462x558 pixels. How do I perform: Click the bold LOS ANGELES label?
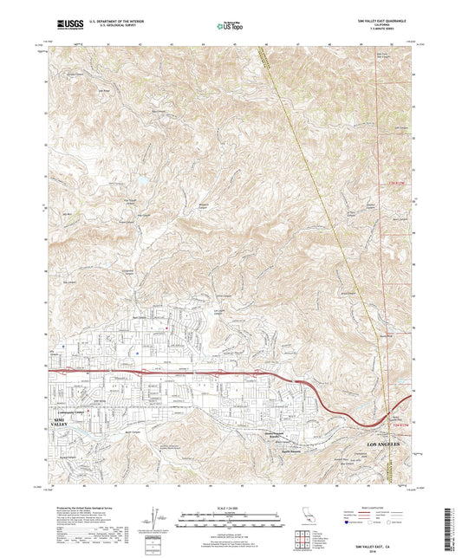[378, 444]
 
